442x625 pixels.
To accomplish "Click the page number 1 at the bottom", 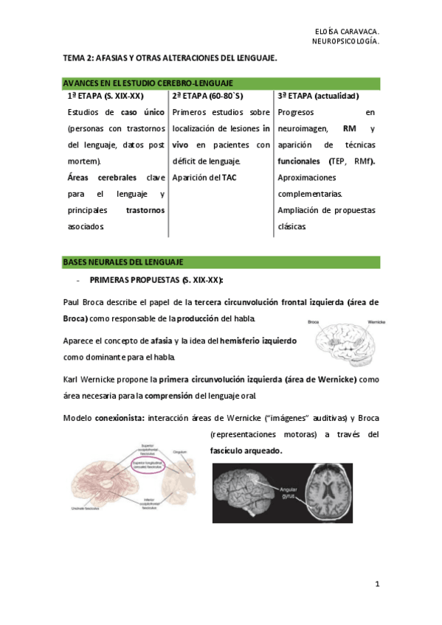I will (376, 584).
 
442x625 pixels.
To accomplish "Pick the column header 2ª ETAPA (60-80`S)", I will (207, 97).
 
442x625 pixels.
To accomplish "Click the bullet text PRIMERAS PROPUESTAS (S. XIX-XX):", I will (156, 280).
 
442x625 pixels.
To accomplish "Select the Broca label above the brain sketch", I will (314, 322).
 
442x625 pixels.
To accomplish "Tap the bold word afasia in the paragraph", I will (162, 341).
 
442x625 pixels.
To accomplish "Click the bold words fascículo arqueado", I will (246, 450).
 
